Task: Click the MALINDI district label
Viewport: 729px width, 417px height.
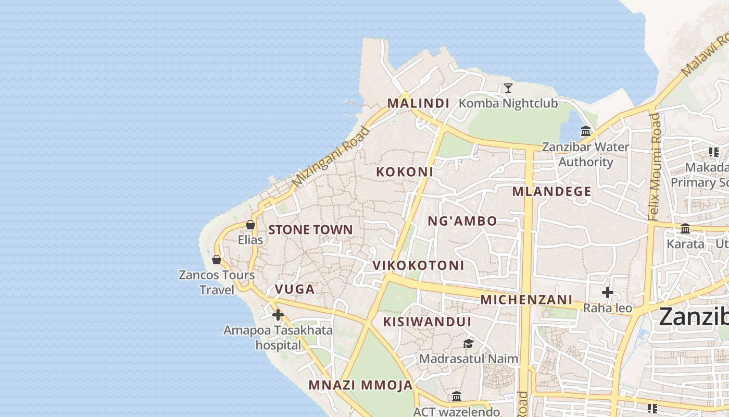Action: [418, 103]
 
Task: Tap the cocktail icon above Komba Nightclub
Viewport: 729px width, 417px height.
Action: [508, 88]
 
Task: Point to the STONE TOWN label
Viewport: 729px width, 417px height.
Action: [310, 230]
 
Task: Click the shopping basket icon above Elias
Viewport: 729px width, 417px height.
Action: [250, 225]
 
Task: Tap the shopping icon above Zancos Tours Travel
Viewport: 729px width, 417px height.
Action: [217, 259]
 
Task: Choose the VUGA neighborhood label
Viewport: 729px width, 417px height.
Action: [295, 289]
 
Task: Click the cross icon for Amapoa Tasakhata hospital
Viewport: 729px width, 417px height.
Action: [278, 315]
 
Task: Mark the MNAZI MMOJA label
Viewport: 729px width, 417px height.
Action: [360, 385]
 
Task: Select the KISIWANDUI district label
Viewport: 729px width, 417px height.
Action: [427, 322]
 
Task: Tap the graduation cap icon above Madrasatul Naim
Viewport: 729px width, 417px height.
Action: [468, 344]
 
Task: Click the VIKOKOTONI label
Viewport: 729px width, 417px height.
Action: [418, 265]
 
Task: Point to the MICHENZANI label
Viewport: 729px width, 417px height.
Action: [526, 300]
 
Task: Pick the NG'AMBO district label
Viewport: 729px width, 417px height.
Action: [462, 221]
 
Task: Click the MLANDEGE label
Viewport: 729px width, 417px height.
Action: [551, 191]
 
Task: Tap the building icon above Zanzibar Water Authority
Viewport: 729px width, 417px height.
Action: [586, 131]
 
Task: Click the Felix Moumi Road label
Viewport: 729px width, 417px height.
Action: [656, 167]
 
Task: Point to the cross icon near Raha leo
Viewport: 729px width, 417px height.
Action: [608, 292]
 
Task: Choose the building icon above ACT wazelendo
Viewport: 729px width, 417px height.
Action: [457, 397]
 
